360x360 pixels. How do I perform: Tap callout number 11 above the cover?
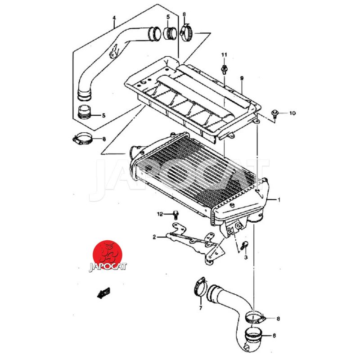coord(224,55)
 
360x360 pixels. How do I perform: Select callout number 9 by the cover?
coord(242,78)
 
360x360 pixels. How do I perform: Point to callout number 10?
coord(292,113)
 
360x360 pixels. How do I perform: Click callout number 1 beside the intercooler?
coord(279,199)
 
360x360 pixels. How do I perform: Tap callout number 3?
coord(246,257)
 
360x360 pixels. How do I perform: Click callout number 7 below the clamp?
coord(201,308)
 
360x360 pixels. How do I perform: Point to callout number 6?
coord(274,336)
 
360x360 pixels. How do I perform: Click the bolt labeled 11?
coord(224,69)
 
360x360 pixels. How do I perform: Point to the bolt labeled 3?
coord(245,245)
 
